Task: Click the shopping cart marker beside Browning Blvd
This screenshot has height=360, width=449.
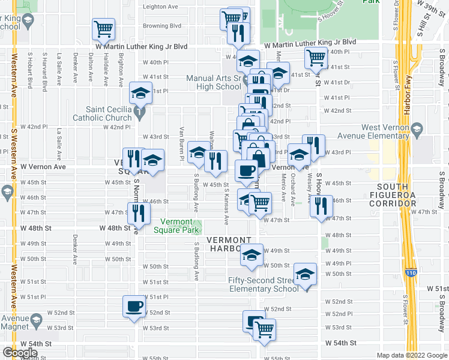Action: tap(103, 28)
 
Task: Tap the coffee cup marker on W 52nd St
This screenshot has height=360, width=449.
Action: tap(134, 305)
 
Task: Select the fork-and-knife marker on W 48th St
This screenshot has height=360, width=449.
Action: tap(138, 212)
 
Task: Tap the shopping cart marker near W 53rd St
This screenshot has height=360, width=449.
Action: tap(264, 329)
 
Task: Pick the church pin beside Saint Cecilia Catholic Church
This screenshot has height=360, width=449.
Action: tap(139, 112)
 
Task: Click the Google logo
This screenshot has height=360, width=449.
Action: tap(19, 353)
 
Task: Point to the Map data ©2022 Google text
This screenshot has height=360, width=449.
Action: tap(411, 355)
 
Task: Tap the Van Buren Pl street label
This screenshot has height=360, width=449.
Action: tap(181, 144)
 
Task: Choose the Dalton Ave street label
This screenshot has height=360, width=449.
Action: tap(90, 67)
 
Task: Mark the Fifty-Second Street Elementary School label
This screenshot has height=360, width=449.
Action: tap(262, 284)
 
